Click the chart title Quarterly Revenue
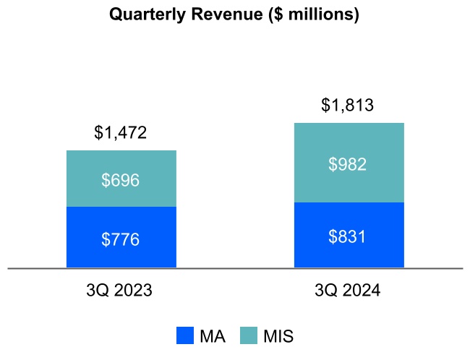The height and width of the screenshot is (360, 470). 234,14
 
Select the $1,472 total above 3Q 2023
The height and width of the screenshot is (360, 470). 121,132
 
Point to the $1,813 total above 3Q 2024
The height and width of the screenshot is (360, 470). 348,105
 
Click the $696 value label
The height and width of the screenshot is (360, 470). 121,180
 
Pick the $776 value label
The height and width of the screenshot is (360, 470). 121,239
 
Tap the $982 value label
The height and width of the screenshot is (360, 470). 348,164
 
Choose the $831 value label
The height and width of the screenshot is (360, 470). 348,236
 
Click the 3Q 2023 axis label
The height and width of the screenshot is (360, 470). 119,291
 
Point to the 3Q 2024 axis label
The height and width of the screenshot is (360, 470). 348,291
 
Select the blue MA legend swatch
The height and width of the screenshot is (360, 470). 185,336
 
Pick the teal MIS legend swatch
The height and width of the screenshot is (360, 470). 249,336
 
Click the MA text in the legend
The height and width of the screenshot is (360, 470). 212,336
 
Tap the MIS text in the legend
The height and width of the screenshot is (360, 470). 278,336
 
